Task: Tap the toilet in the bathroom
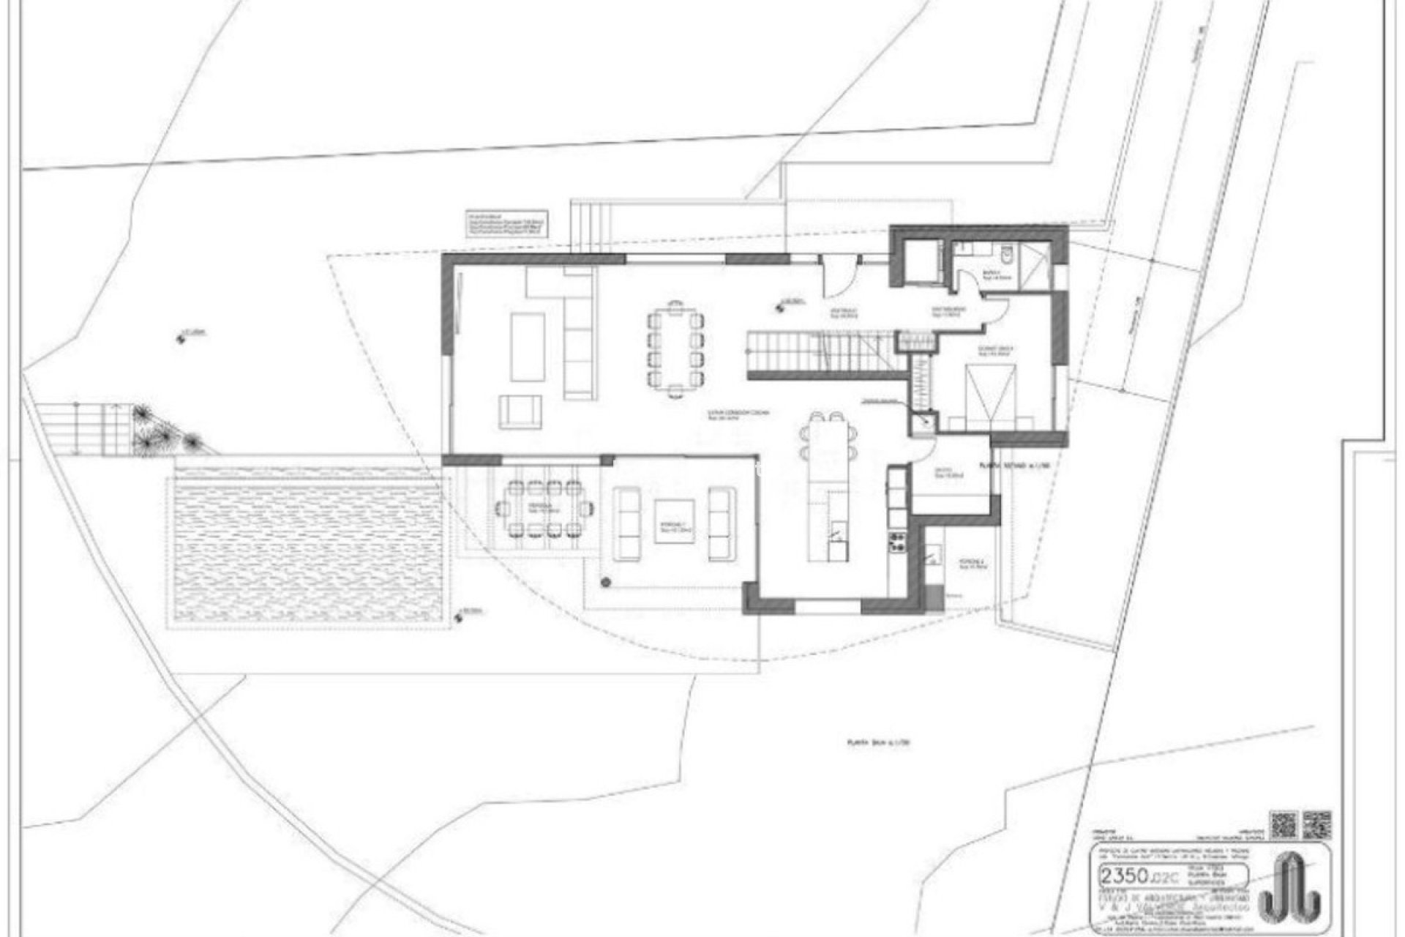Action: [x=1007, y=255]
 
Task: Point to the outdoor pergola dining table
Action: [x=542, y=509]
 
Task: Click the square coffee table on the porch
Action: [x=674, y=521]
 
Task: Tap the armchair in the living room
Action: [x=521, y=411]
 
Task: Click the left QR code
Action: [x=1284, y=824]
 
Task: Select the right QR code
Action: [x=1317, y=824]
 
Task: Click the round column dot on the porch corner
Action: [x=606, y=582]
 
